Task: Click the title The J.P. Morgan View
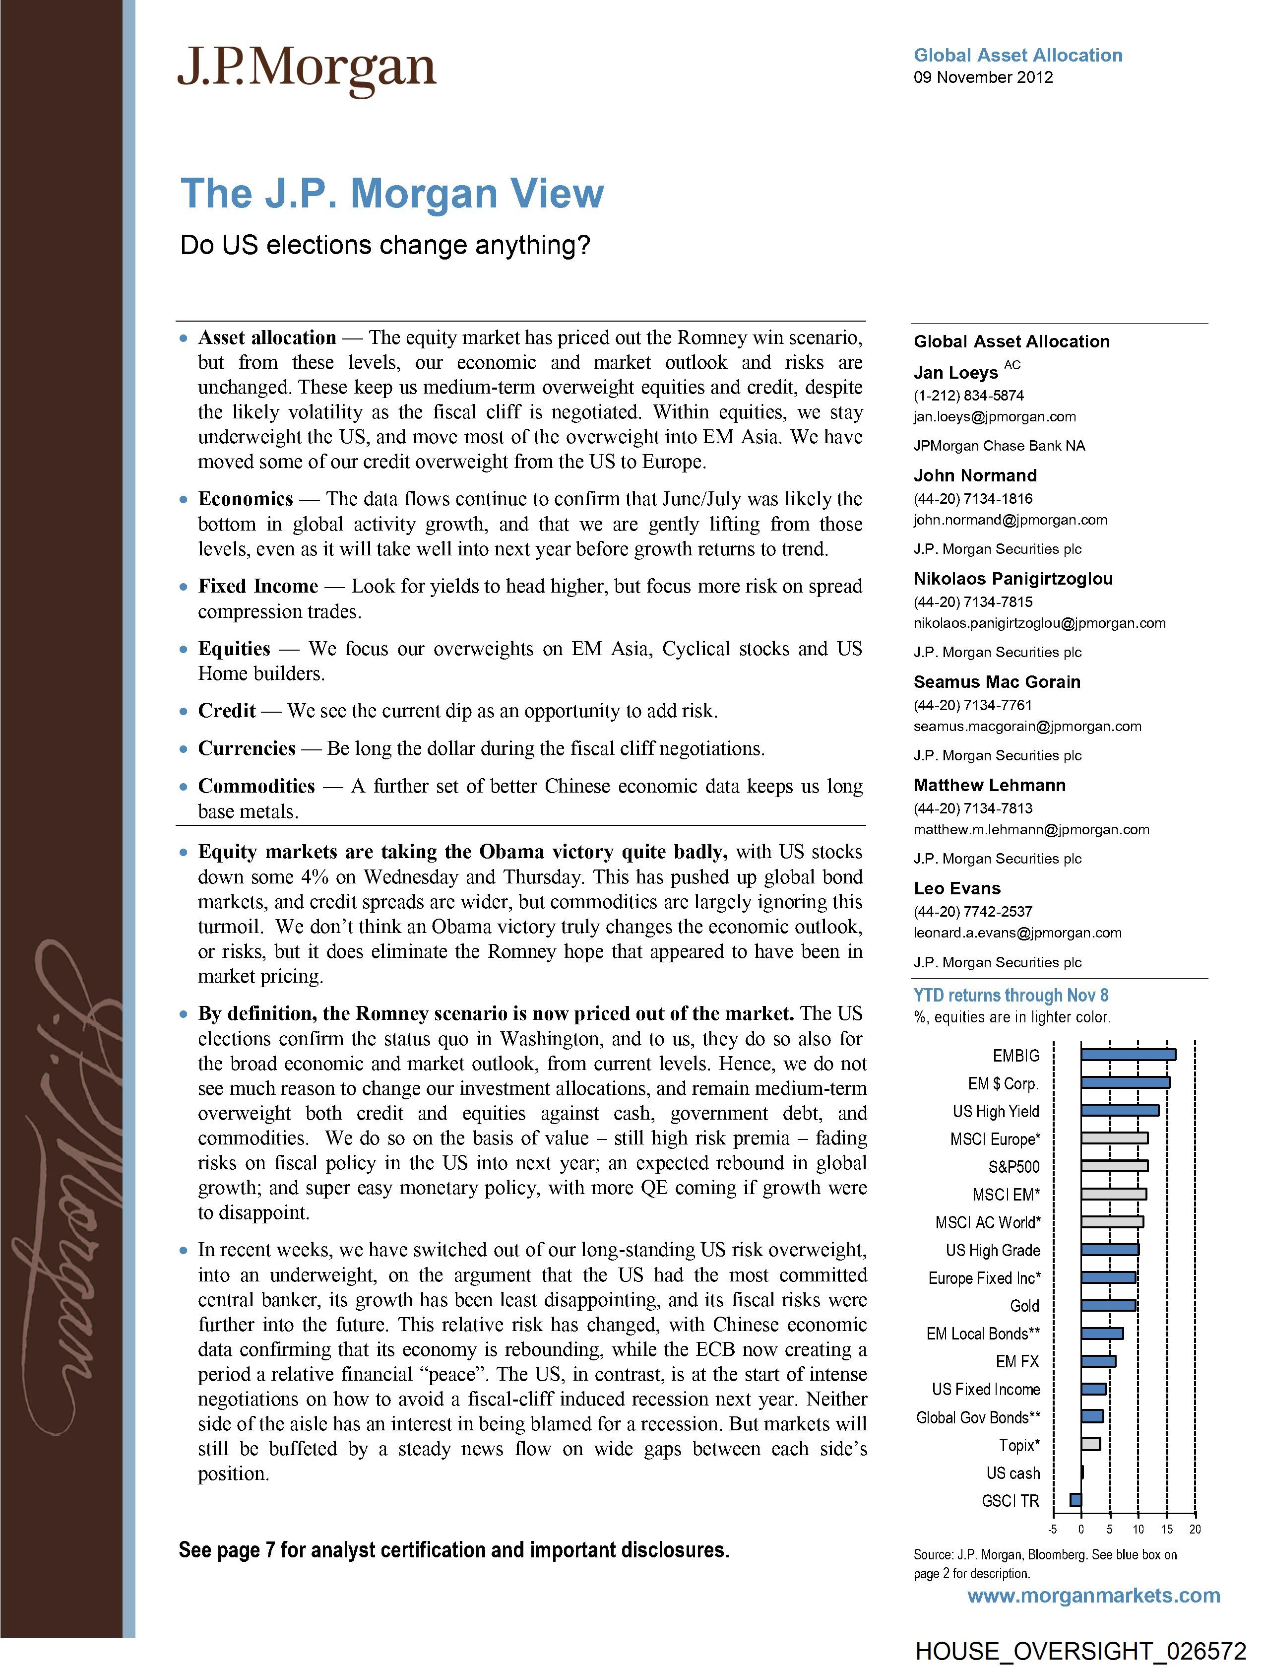(392, 194)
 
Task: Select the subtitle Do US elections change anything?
(384, 246)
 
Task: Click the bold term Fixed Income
(257, 587)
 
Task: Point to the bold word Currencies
(247, 748)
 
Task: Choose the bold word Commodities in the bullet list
(256, 786)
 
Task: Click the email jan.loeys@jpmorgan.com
(995, 416)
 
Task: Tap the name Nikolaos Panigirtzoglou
(1012, 579)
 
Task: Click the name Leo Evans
(956, 888)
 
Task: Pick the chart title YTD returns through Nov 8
(1011, 996)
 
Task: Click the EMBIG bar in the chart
(1128, 1055)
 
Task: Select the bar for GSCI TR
(1075, 1500)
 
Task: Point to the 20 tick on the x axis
(1195, 1529)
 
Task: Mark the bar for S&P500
(1114, 1166)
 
